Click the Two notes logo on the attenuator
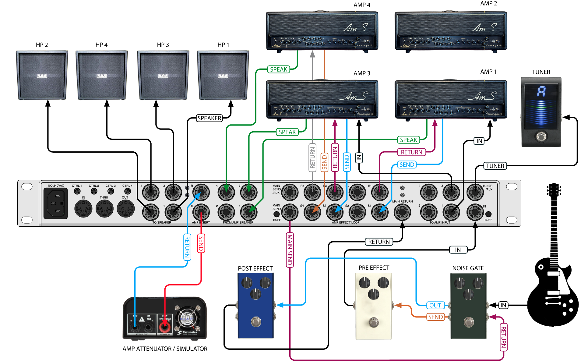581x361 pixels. click(x=188, y=332)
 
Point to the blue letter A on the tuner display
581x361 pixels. click(x=541, y=91)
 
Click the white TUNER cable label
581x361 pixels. click(x=495, y=166)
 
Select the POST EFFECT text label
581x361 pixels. click(x=255, y=268)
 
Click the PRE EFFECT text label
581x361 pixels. click(x=374, y=268)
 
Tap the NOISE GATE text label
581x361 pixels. click(x=468, y=268)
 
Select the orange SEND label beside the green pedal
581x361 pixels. click(x=435, y=317)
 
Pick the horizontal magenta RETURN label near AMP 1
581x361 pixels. click(x=411, y=152)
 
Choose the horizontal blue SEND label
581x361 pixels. click(x=407, y=165)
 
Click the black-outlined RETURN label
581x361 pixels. click(x=379, y=242)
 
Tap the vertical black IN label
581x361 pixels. click(x=359, y=158)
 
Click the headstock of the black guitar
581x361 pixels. click(x=554, y=190)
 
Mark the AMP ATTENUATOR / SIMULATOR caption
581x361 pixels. click(x=165, y=349)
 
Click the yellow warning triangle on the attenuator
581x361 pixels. click(x=142, y=319)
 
